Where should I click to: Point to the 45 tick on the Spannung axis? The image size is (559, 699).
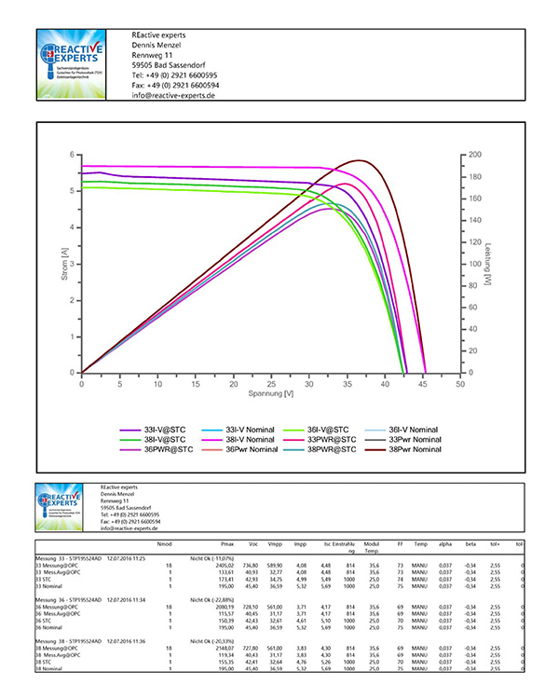pyautogui.click(x=422, y=383)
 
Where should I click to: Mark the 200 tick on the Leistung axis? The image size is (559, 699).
pyautogui.click(x=475, y=155)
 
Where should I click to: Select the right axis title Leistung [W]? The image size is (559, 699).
pyautogui.click(x=488, y=264)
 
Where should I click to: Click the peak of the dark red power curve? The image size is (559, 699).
pyautogui.click(x=359, y=160)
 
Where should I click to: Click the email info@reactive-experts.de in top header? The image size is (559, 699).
pyautogui.click(x=174, y=96)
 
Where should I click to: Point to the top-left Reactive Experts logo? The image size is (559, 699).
pyautogui.click(x=81, y=64)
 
